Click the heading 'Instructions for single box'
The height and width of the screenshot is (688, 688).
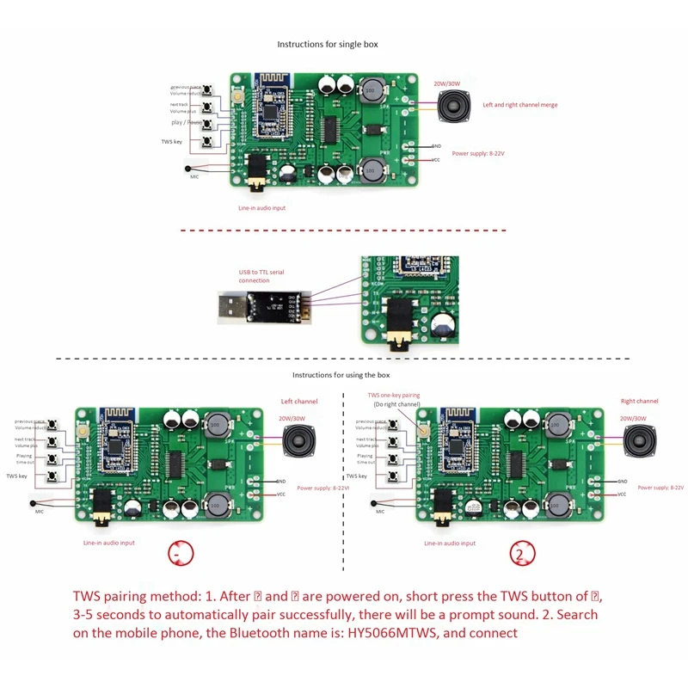coord(327,44)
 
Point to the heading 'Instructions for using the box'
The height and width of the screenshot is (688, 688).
coord(341,375)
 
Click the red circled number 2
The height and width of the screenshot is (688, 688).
coord(519,555)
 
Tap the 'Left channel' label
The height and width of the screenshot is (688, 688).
coord(299,402)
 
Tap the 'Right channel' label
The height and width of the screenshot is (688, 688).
coord(639,401)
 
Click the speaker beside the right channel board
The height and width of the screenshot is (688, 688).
coord(638,443)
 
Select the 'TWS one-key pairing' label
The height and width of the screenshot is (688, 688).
coord(393,396)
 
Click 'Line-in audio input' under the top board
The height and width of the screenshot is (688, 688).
coord(262,208)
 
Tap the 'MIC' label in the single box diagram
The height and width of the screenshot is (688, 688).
coord(194,176)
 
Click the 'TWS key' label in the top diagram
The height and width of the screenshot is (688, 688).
coord(172,141)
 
